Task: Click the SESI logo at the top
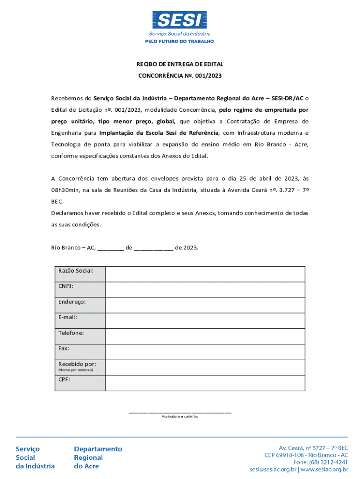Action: pos(180,21)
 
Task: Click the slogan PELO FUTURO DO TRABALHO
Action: pos(180,42)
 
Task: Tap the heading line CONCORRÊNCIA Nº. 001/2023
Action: pos(180,76)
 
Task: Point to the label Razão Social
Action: pos(76,271)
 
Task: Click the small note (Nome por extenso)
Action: pos(76,370)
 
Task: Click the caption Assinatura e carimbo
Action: pos(180,416)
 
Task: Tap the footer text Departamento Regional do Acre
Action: pos(98,457)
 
